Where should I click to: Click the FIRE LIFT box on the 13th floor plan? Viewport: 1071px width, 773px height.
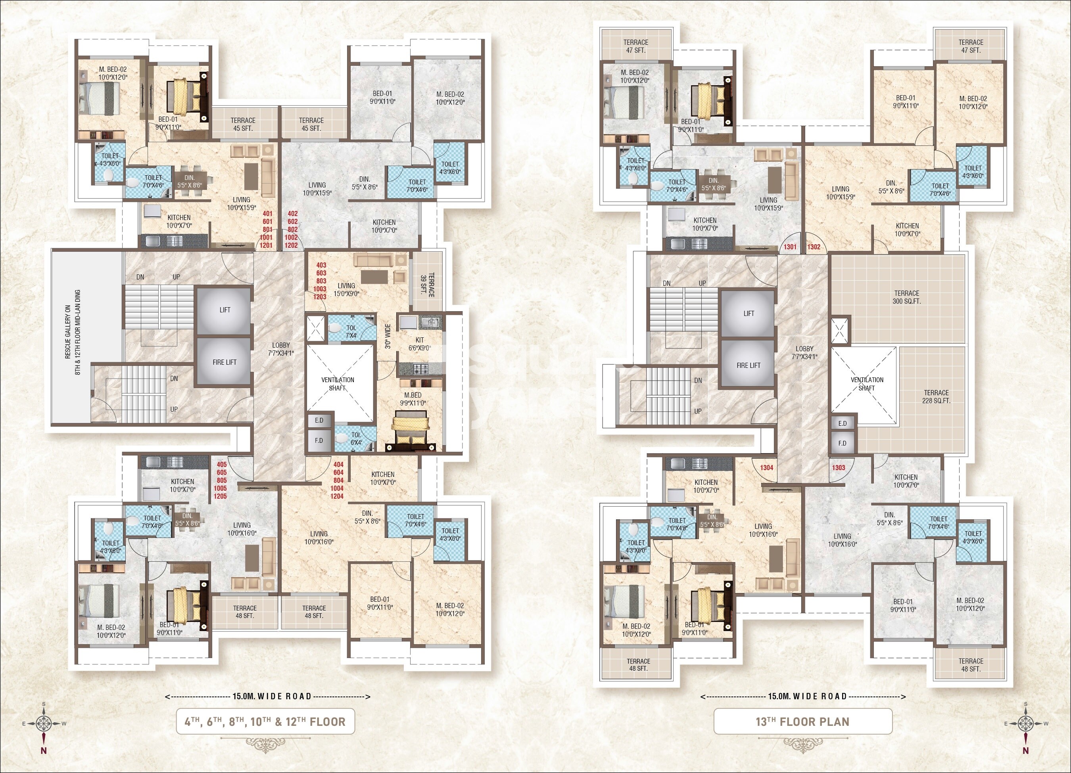click(x=749, y=365)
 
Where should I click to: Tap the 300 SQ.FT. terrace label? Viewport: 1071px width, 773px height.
click(x=907, y=297)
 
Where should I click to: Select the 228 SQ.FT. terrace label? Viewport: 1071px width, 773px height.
click(x=936, y=396)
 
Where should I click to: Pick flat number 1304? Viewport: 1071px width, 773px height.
click(x=767, y=468)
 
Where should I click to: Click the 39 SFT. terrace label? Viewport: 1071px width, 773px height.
click(x=427, y=285)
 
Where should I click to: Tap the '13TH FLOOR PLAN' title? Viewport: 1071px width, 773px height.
click(x=802, y=721)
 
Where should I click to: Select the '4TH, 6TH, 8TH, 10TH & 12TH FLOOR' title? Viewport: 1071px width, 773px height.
click(x=265, y=721)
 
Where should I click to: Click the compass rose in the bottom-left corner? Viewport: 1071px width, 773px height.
click(x=44, y=723)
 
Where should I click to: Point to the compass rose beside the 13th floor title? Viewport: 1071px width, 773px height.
click(x=1026, y=723)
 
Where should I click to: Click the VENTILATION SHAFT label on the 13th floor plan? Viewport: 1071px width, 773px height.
click(x=867, y=384)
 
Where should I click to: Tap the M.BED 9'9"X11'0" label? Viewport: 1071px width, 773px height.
click(x=413, y=399)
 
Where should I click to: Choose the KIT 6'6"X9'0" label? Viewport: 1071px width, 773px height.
click(x=419, y=344)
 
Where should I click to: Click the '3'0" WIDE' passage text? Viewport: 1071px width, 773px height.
click(x=388, y=336)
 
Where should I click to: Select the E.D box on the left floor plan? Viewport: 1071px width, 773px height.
click(x=319, y=421)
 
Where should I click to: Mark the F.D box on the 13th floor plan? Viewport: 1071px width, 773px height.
click(x=843, y=443)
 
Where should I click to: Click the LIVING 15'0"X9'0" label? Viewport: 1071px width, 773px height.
click(x=346, y=289)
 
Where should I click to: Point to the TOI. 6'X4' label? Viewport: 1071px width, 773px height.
click(x=356, y=438)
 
